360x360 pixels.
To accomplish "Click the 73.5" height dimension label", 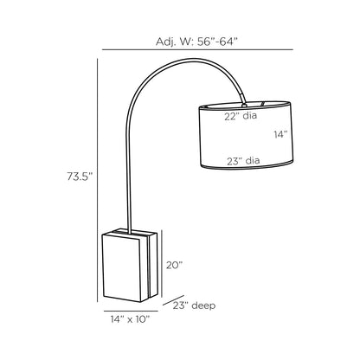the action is (80, 177).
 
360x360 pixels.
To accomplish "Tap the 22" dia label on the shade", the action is (241, 116).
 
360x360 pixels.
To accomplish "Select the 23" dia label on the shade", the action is (243, 161).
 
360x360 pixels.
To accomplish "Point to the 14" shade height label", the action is (280, 134).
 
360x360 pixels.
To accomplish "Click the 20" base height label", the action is (174, 265).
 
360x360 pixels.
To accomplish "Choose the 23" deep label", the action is (194, 305).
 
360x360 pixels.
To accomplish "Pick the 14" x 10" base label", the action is (130, 319).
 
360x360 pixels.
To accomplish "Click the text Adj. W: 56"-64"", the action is (196, 42).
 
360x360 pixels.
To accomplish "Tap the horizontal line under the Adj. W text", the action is (197, 49).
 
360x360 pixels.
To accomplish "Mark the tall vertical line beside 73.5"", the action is (98, 180).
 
